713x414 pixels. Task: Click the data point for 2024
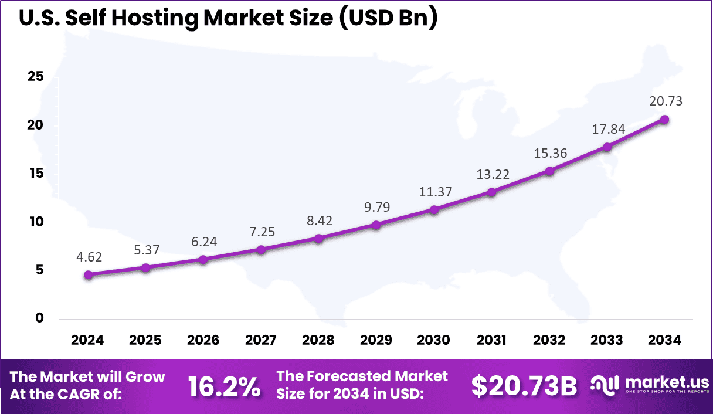(88, 274)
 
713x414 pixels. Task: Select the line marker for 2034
(665, 120)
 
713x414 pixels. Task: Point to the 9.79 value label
(376, 207)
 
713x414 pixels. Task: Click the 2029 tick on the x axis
(376, 341)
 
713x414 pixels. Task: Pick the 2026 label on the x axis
(203, 341)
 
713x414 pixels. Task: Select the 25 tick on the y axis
(36, 77)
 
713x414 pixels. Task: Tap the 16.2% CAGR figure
(224, 387)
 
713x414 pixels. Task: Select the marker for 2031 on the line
(491, 192)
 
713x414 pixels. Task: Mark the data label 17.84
(607, 129)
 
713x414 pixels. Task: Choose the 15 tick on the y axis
(36, 174)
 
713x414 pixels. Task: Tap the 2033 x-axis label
(607, 341)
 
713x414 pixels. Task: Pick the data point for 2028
(318, 238)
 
